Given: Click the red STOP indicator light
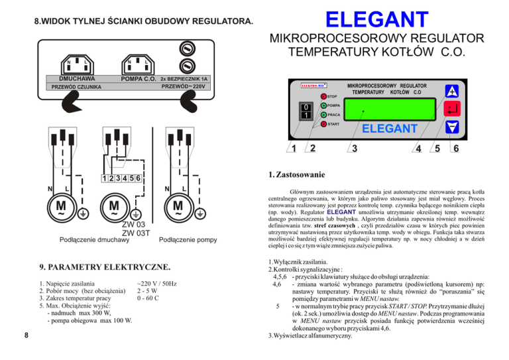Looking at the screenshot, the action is (x=323, y=97).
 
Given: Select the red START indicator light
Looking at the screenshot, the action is (x=323, y=124).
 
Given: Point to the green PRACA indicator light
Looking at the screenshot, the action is (x=323, y=115).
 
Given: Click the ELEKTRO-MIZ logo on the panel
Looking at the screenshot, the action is (x=312, y=86).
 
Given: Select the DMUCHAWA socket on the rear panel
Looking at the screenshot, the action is (x=77, y=64).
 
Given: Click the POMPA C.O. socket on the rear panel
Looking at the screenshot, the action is (x=137, y=64).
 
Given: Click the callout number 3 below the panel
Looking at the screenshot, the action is (x=355, y=147).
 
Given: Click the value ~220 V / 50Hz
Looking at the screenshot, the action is (x=157, y=283).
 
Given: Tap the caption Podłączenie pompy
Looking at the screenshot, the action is (x=189, y=239).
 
